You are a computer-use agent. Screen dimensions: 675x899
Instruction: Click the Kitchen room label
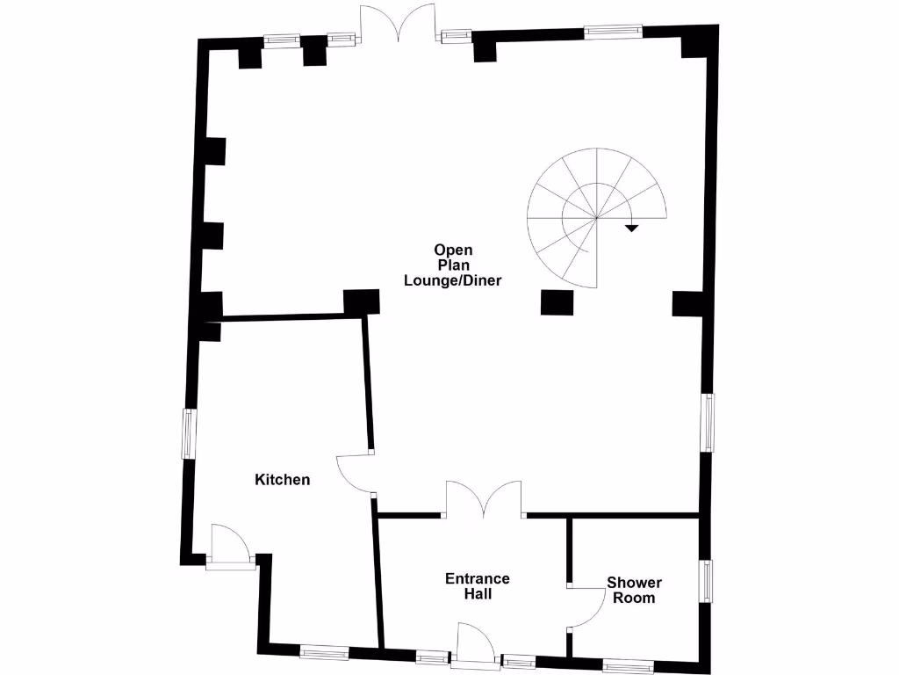coord(282,480)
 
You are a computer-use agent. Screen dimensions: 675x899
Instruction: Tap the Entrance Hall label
coord(478,586)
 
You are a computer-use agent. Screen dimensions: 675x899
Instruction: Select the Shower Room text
coord(634,590)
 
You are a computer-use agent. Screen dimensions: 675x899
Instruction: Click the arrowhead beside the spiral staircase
coord(631,229)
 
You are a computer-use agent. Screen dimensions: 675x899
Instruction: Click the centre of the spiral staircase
coord(597,217)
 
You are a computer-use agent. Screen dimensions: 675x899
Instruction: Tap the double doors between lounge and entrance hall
coord(484,498)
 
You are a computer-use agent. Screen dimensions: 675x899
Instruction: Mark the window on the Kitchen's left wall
coord(189,432)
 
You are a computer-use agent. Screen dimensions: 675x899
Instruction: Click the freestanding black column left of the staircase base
coord(557,302)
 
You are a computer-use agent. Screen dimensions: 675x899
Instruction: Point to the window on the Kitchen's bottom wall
coord(323,652)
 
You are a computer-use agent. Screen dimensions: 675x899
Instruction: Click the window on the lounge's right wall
coord(708,423)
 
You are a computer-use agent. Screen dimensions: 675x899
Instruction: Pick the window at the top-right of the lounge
coord(613,32)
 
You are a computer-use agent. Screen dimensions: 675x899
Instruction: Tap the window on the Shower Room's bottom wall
coord(628,665)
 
